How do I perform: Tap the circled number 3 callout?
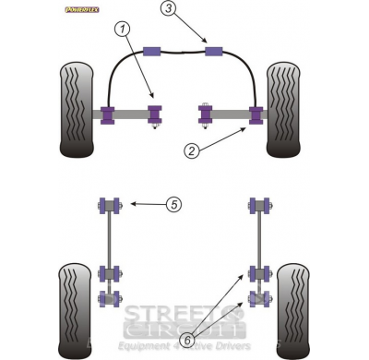coord(167,10)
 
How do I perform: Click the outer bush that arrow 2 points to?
coord(256,115)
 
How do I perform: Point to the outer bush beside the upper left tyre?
coord(111,114)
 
